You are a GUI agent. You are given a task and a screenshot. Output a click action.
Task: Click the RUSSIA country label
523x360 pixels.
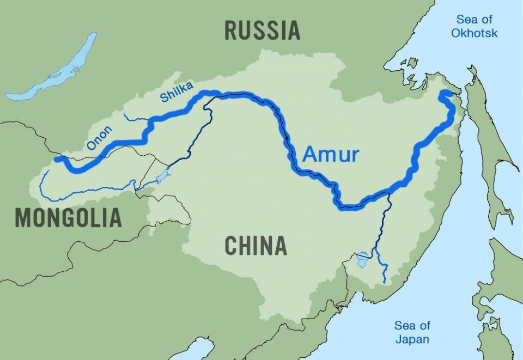point(262,30)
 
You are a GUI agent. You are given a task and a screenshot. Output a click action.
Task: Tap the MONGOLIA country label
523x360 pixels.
point(68,218)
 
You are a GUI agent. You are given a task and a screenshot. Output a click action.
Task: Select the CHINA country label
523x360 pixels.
point(256,246)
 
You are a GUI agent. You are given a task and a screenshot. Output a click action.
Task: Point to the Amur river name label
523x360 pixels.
point(331,155)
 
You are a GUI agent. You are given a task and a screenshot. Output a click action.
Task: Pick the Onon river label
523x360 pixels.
point(99,138)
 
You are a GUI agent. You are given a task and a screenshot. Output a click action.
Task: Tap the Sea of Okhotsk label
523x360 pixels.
point(477,27)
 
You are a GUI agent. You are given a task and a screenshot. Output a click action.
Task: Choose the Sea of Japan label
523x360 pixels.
point(412,332)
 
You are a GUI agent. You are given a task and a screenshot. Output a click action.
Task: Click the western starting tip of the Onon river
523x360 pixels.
point(57,159)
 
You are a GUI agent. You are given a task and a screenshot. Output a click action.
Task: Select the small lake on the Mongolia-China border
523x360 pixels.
point(163,177)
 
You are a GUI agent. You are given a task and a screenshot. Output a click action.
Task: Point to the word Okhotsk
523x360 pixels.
point(477,33)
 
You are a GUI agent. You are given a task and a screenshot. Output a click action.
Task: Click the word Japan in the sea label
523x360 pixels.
point(412,339)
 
